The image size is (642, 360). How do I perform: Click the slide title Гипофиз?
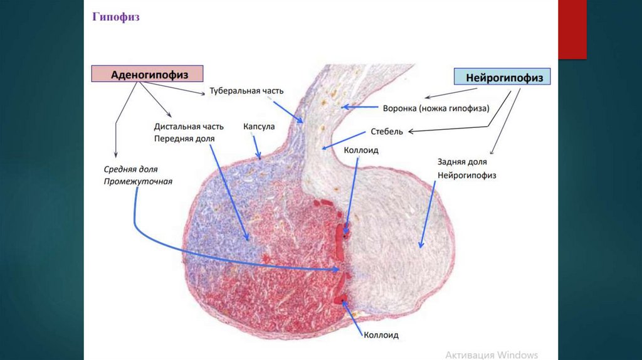tap(116, 17)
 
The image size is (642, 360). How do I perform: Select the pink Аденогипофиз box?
tap(148, 74)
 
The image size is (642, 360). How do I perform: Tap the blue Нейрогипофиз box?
tap(502, 77)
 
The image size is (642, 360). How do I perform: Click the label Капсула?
tap(259, 126)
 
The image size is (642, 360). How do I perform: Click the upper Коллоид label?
tap(361, 151)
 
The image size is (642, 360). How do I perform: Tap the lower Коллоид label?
tap(381, 336)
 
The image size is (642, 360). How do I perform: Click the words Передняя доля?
tap(184, 138)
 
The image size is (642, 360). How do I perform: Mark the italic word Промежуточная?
tap(138, 182)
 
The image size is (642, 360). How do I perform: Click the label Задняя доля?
tap(459, 161)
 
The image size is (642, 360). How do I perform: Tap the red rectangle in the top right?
tap(572, 29)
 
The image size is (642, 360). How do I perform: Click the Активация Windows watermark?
tap(492, 354)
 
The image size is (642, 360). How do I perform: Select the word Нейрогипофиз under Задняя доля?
tap(467, 176)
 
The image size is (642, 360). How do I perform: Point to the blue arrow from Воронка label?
tap(359, 107)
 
